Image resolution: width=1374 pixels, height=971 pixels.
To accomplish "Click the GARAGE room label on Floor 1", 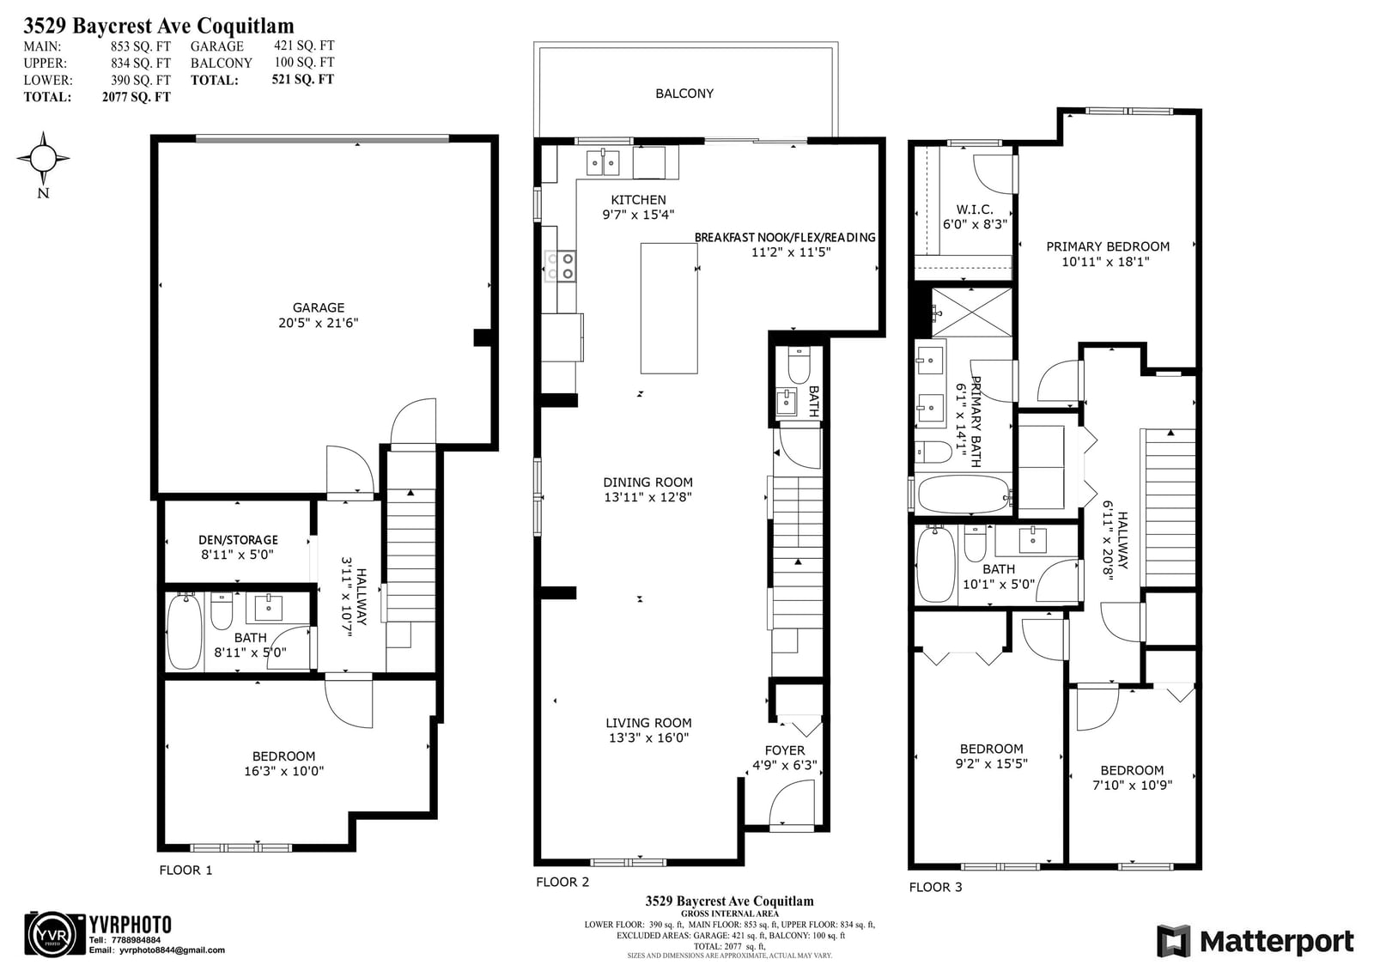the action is tap(318, 307).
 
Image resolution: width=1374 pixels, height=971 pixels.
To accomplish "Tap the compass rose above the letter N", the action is tap(43, 158).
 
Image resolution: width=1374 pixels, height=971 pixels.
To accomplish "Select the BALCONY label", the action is tap(684, 94).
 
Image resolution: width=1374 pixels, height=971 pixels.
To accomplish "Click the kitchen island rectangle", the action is tap(669, 308).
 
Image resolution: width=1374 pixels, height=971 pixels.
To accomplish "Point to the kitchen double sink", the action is tap(603, 163).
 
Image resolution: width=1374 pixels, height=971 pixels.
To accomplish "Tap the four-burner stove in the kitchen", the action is tap(560, 266).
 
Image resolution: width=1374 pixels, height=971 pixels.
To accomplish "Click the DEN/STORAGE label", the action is tap(238, 540).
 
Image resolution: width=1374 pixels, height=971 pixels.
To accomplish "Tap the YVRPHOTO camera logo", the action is tap(55, 934).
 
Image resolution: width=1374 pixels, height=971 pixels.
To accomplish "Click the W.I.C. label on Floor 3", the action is tap(974, 209).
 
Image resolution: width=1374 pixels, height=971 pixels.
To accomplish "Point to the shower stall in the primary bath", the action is tap(971, 313).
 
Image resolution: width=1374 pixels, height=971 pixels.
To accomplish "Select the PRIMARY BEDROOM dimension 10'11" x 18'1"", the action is tap(1105, 262).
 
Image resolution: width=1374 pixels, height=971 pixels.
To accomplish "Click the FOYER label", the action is tap(785, 750).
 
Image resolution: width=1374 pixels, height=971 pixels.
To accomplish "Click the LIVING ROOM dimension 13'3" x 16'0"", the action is tap(648, 738).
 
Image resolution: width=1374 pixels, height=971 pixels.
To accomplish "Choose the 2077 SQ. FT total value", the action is tap(137, 96).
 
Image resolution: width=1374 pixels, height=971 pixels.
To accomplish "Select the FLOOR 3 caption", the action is tap(935, 887).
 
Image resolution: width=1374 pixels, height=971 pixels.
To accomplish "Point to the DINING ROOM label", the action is tap(647, 482).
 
